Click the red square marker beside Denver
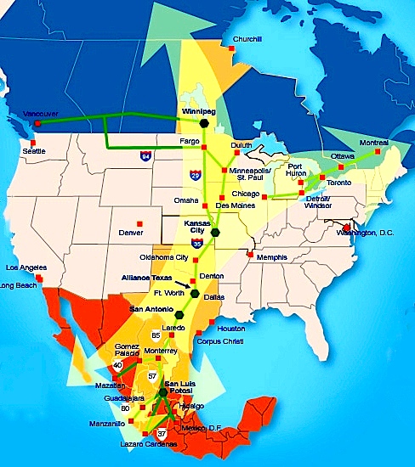pos(151,224)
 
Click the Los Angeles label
pos(23,267)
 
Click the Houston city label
pos(230,328)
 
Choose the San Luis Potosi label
pos(184,386)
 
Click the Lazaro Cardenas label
pos(148,444)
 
